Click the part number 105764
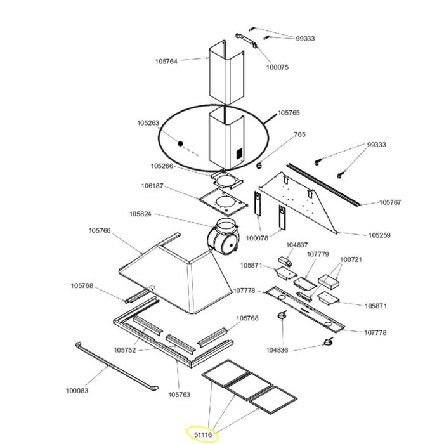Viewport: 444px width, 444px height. (166, 62)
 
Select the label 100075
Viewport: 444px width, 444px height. (277, 67)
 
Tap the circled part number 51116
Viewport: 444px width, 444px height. (203, 434)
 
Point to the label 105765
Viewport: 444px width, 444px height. (289, 113)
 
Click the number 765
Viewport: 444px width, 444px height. (300, 134)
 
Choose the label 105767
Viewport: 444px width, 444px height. (390, 202)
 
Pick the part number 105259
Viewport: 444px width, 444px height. (379, 235)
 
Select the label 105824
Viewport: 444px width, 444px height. (140, 214)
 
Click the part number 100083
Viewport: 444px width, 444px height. (77, 391)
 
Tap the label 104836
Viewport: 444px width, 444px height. (277, 350)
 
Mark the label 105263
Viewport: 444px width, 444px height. (148, 123)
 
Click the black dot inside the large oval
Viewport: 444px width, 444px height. (180, 143)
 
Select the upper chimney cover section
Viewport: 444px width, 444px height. (226, 72)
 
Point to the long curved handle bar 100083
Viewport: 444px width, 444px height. (116, 368)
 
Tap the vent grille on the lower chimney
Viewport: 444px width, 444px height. (240, 153)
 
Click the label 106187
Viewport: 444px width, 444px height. (152, 186)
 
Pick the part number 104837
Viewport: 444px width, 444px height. (297, 245)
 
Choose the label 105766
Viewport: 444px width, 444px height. (100, 230)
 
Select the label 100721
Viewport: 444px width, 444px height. (351, 259)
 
